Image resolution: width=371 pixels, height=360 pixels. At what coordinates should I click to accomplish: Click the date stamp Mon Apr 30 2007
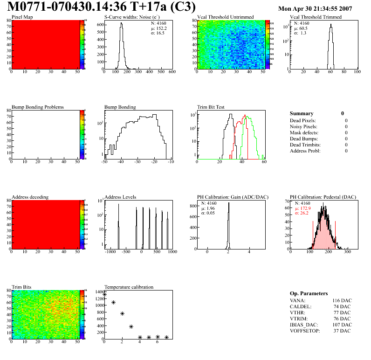tap(315, 9)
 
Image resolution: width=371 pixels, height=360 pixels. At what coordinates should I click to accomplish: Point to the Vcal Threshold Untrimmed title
tap(225, 17)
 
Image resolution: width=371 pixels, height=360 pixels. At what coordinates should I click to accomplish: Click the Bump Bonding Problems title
tap(37, 107)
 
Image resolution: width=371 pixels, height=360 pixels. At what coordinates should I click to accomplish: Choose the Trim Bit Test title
tap(211, 107)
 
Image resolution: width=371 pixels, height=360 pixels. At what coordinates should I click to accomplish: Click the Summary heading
tap(302, 113)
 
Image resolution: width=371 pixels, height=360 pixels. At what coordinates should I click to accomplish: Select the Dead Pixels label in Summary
tap(303, 120)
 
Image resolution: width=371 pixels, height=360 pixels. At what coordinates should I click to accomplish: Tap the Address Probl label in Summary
tap(306, 151)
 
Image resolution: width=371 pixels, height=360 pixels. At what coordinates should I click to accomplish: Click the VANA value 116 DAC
tap(342, 300)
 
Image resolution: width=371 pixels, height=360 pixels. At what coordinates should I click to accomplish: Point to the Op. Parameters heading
tap(309, 293)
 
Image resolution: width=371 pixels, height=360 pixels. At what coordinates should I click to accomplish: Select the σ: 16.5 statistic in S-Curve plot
tap(158, 33)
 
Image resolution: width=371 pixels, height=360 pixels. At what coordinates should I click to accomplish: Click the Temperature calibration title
tap(129, 287)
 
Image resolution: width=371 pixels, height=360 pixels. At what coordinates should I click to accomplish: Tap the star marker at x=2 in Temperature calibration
tap(122, 314)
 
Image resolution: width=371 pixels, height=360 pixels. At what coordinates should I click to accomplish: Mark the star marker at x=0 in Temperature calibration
tap(104, 294)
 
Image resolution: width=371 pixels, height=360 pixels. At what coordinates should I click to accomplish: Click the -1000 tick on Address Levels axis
tap(110, 252)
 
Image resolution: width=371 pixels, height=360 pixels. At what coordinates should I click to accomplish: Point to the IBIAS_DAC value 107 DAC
tap(342, 325)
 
